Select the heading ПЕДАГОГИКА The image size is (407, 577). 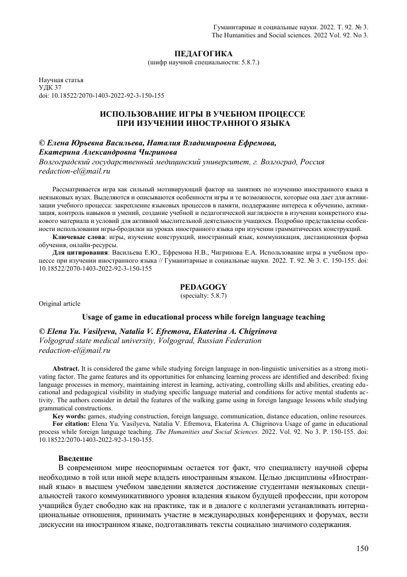tap(203, 53)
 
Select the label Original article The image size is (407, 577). tap(59, 303)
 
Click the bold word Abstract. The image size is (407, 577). tap(65, 365)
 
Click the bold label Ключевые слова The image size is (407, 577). tap(71, 237)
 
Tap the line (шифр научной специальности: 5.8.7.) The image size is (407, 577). tap(203, 61)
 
